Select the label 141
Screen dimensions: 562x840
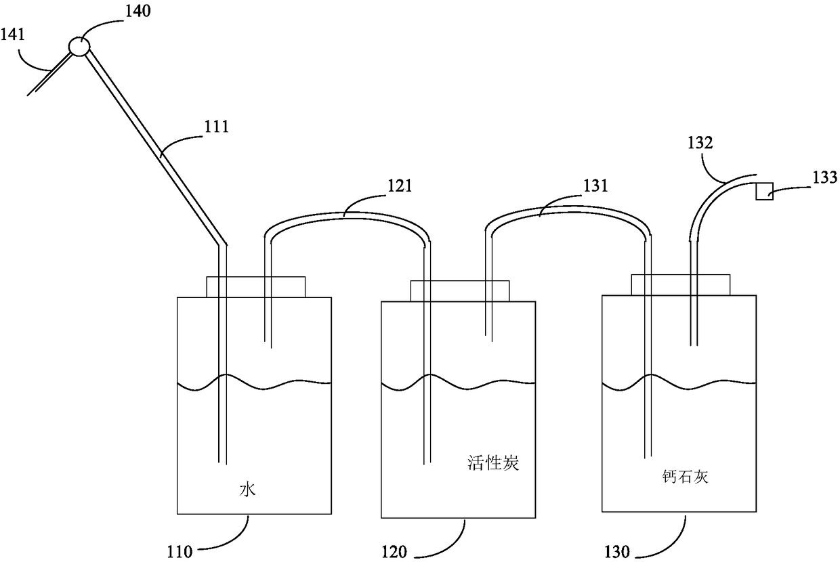[x=13, y=34]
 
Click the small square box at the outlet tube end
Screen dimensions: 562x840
[x=765, y=191]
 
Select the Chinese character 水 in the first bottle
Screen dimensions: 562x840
[x=247, y=490]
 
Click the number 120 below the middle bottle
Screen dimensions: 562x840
[x=394, y=552]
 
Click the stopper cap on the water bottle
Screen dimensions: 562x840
[x=255, y=286]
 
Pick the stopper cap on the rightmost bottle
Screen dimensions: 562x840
[x=681, y=284]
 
